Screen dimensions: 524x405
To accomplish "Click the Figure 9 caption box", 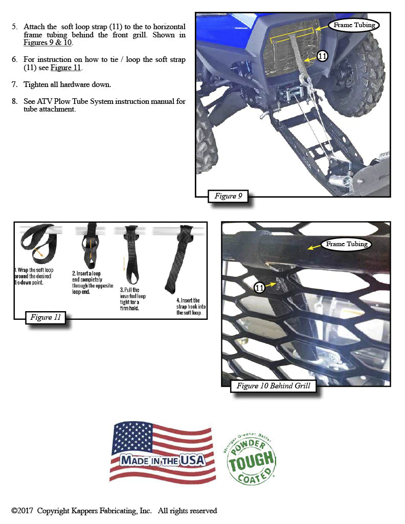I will (228, 196).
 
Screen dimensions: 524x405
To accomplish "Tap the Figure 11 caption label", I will (46, 318).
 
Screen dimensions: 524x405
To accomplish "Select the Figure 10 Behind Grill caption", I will (274, 386).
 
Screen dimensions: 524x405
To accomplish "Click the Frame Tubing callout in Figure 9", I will (354, 25).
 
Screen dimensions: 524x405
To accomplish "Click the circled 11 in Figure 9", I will (322, 56).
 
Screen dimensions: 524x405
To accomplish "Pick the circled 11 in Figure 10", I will (260, 288).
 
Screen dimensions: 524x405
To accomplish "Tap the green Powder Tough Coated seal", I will (250, 460).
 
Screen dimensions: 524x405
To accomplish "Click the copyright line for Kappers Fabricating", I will (114, 511).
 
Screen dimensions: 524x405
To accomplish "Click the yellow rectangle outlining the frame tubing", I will (291, 36).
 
